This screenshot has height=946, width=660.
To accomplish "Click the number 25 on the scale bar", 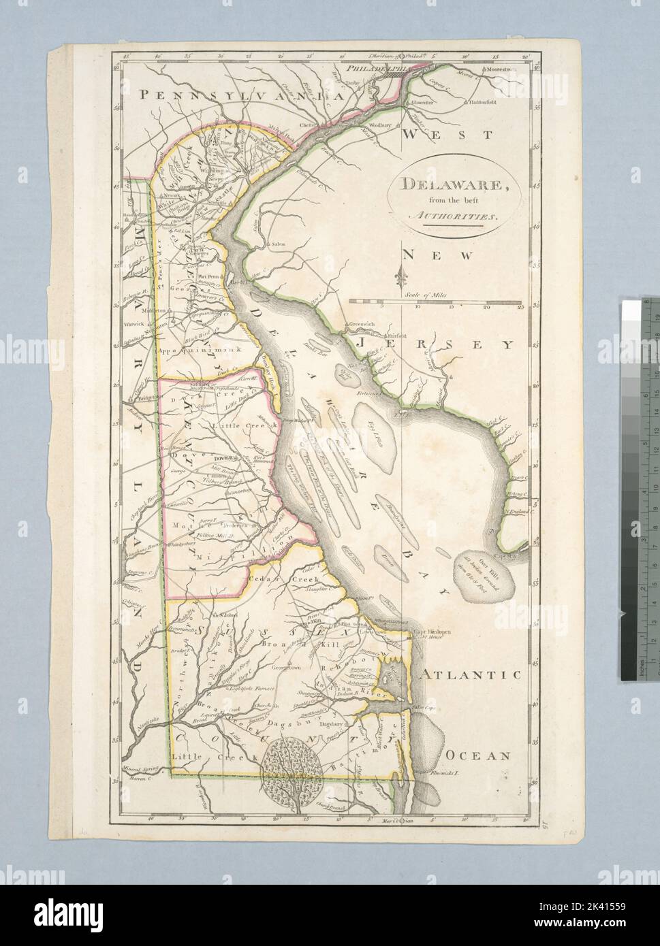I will (x=520, y=307).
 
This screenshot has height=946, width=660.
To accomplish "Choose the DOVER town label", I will (x=225, y=458).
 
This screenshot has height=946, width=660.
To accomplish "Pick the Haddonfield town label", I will (x=482, y=102).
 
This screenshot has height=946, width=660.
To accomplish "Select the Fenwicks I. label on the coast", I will (x=446, y=774).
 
